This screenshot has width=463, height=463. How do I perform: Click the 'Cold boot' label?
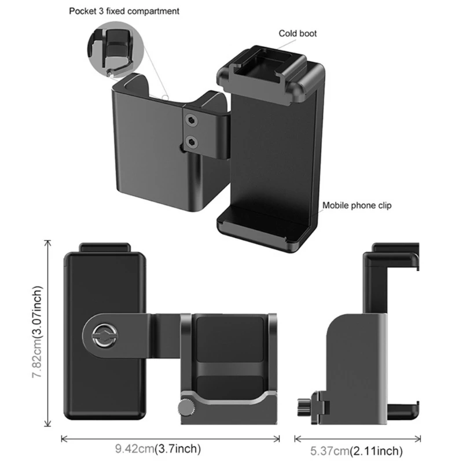[x=297, y=34]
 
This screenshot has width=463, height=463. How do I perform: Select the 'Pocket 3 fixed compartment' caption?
[x=124, y=11]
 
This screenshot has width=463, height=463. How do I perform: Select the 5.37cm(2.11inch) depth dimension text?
[x=356, y=451]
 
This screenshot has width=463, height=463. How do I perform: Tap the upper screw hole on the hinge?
[x=192, y=119]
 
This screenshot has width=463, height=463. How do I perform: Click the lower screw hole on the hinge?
[x=192, y=141]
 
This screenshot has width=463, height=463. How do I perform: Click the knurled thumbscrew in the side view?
[x=306, y=403]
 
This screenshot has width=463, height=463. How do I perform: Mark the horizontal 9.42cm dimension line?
[x=170, y=438]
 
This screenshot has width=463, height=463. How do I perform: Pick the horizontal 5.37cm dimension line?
[x=356, y=438]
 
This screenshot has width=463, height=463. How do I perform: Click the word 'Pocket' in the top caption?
[x=82, y=11]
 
